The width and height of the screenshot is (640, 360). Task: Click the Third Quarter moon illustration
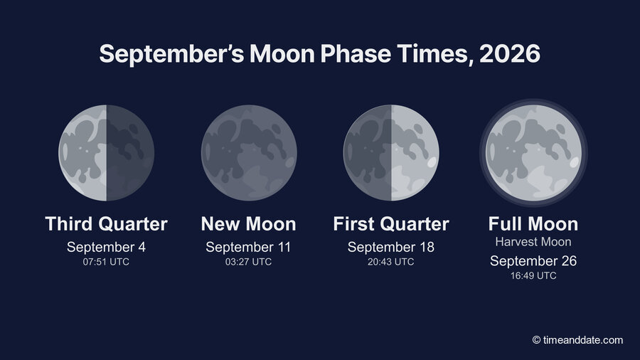click(106, 153)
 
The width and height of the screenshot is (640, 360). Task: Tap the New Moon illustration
click(249, 153)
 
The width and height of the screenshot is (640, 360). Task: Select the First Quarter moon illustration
click(391, 153)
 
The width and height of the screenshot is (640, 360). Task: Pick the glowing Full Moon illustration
click(533, 153)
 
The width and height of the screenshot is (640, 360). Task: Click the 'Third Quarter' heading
click(106, 223)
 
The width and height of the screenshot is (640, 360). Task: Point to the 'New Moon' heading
click(249, 223)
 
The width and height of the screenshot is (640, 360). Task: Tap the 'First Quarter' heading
click(391, 223)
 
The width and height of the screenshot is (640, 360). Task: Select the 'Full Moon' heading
click(533, 223)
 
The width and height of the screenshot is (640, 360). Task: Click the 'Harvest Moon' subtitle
click(533, 242)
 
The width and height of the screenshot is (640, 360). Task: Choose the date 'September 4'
click(106, 247)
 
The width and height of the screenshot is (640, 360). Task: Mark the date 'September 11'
click(249, 247)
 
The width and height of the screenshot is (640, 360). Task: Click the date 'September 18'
click(391, 247)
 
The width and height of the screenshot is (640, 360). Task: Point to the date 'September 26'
click(533, 261)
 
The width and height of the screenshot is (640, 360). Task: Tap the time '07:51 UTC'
click(106, 262)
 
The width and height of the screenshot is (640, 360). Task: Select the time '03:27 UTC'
click(249, 262)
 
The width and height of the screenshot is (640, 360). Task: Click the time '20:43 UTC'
click(391, 262)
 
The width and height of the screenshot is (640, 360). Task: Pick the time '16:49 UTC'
click(533, 275)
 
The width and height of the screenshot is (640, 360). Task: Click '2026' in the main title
click(510, 53)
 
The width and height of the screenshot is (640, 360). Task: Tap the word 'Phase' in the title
click(356, 53)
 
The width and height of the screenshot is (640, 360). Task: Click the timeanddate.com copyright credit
click(577, 340)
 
